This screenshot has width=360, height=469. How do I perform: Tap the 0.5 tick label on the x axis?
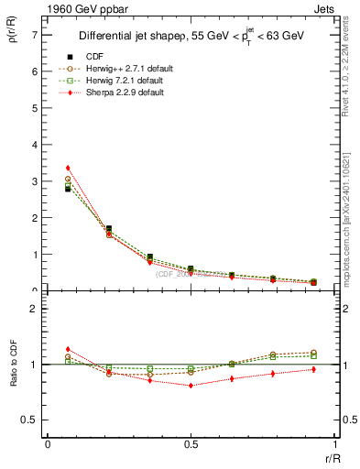pyautogui.click(x=190, y=443)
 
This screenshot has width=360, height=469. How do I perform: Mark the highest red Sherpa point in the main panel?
pyautogui.click(x=68, y=168)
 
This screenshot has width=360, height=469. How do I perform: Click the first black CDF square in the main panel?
pyautogui.click(x=68, y=189)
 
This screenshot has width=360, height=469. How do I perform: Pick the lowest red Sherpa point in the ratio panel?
pyautogui.click(x=191, y=386)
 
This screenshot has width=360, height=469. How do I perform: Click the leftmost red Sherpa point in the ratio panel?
pyautogui.click(x=68, y=349)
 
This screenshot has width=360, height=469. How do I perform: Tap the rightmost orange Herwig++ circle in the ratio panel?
pyautogui.click(x=313, y=352)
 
